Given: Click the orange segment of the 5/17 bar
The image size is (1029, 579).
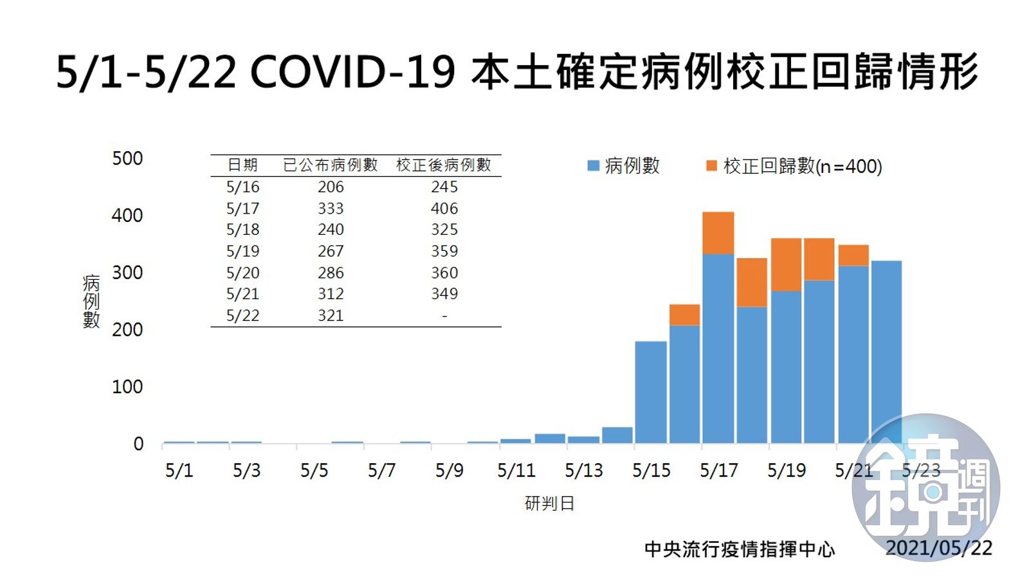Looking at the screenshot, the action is [718, 233].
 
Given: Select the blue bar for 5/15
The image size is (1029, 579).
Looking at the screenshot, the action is [650, 392].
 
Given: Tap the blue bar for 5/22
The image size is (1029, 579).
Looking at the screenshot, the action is [886, 351].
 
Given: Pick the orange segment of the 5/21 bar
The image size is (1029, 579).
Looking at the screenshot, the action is [853, 255].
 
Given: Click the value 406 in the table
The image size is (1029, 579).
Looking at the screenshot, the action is [444, 208].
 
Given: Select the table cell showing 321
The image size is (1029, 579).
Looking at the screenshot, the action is [331, 315].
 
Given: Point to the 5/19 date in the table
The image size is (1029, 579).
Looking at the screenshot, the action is [242, 251].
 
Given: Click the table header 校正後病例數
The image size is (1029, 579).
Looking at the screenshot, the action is [444, 165].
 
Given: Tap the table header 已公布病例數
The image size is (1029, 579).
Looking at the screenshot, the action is [331, 165].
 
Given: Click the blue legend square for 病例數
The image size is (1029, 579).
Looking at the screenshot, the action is [594, 166].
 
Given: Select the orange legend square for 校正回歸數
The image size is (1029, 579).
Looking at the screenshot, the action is [711, 166].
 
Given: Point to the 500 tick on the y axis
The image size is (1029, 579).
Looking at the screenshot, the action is [127, 158].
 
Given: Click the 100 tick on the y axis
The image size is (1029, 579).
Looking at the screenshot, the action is [127, 387].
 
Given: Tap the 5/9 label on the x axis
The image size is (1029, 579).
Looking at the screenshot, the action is [450, 470].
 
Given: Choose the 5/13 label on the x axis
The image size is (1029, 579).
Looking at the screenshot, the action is [584, 470].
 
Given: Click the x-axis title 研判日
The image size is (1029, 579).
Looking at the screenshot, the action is [549, 504].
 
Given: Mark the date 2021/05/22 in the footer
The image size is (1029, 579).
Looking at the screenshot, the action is [939, 547].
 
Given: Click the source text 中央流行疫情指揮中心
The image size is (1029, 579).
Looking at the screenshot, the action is [740, 549].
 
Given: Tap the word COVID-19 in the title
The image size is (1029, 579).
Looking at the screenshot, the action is [353, 71].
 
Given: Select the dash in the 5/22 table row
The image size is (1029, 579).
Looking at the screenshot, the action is [444, 316].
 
